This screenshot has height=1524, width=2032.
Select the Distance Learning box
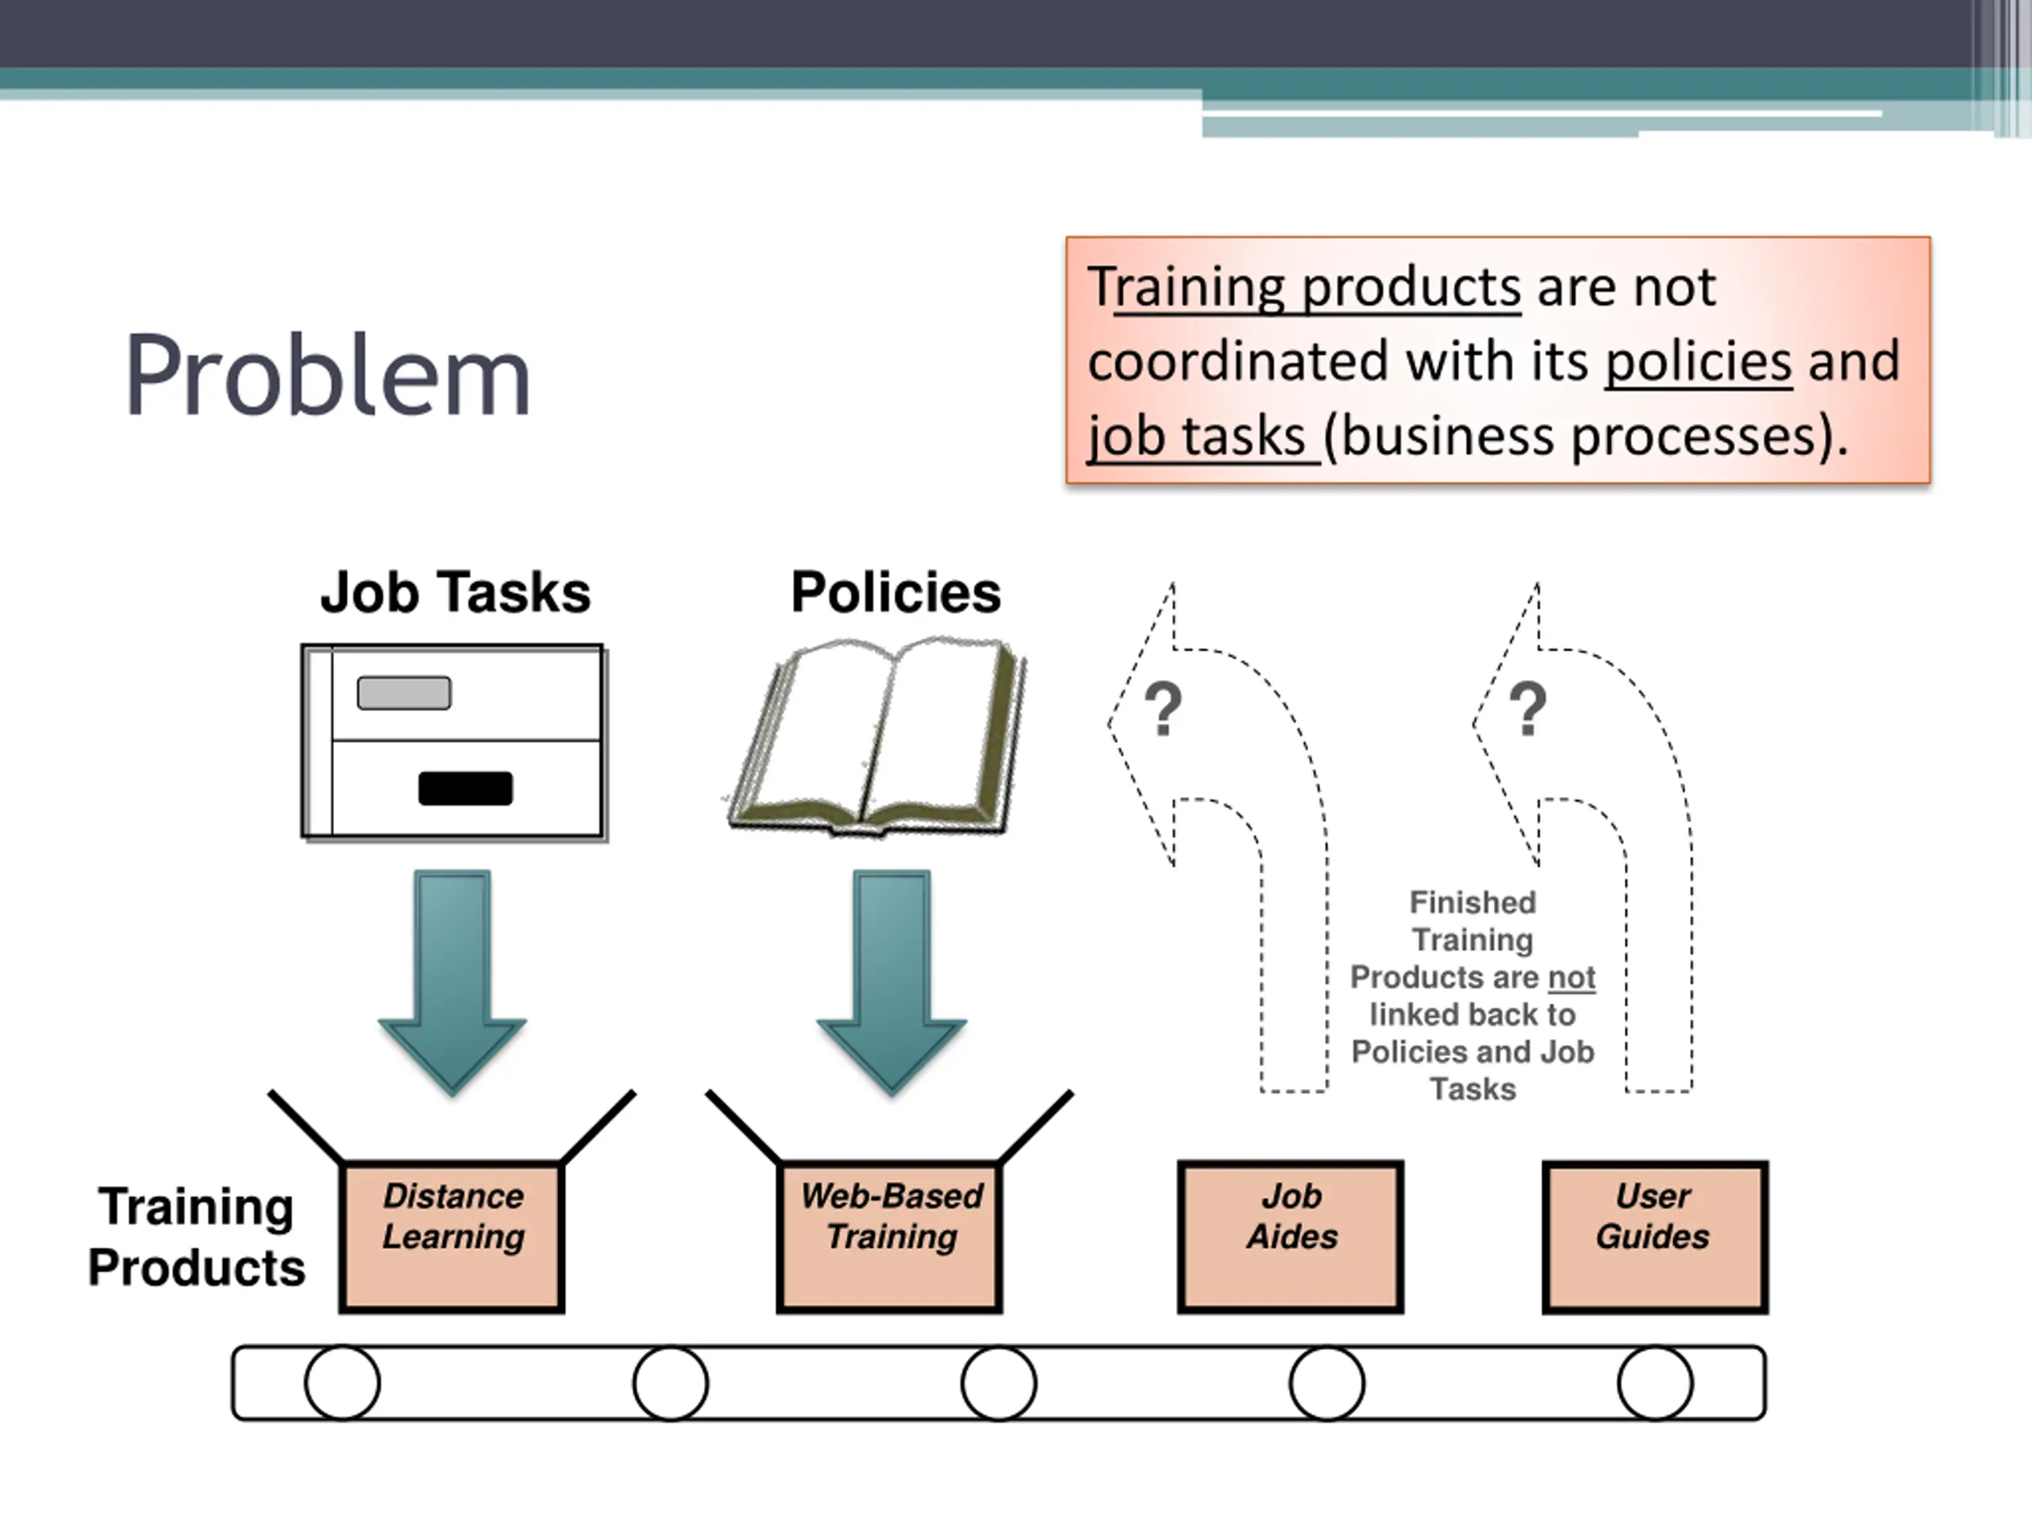click(452, 1236)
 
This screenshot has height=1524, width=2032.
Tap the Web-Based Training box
click(890, 1236)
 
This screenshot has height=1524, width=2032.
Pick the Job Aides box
click(1291, 1236)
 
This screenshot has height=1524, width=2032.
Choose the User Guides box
click(1654, 1236)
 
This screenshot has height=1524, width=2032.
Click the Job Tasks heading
click(455, 592)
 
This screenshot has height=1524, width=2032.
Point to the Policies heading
click(895, 592)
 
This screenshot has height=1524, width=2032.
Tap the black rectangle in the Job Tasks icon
click(465, 788)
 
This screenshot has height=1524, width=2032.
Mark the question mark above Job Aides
click(1163, 708)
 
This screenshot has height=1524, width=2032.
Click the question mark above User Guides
click(1528, 708)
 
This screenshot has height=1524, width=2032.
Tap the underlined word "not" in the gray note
click(1571, 977)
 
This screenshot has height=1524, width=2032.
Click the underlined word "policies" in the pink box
click(1699, 361)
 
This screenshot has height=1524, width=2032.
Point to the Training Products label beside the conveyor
click(197, 1237)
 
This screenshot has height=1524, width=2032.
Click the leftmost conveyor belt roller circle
click(343, 1383)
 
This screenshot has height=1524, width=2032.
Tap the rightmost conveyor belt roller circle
click(1654, 1383)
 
